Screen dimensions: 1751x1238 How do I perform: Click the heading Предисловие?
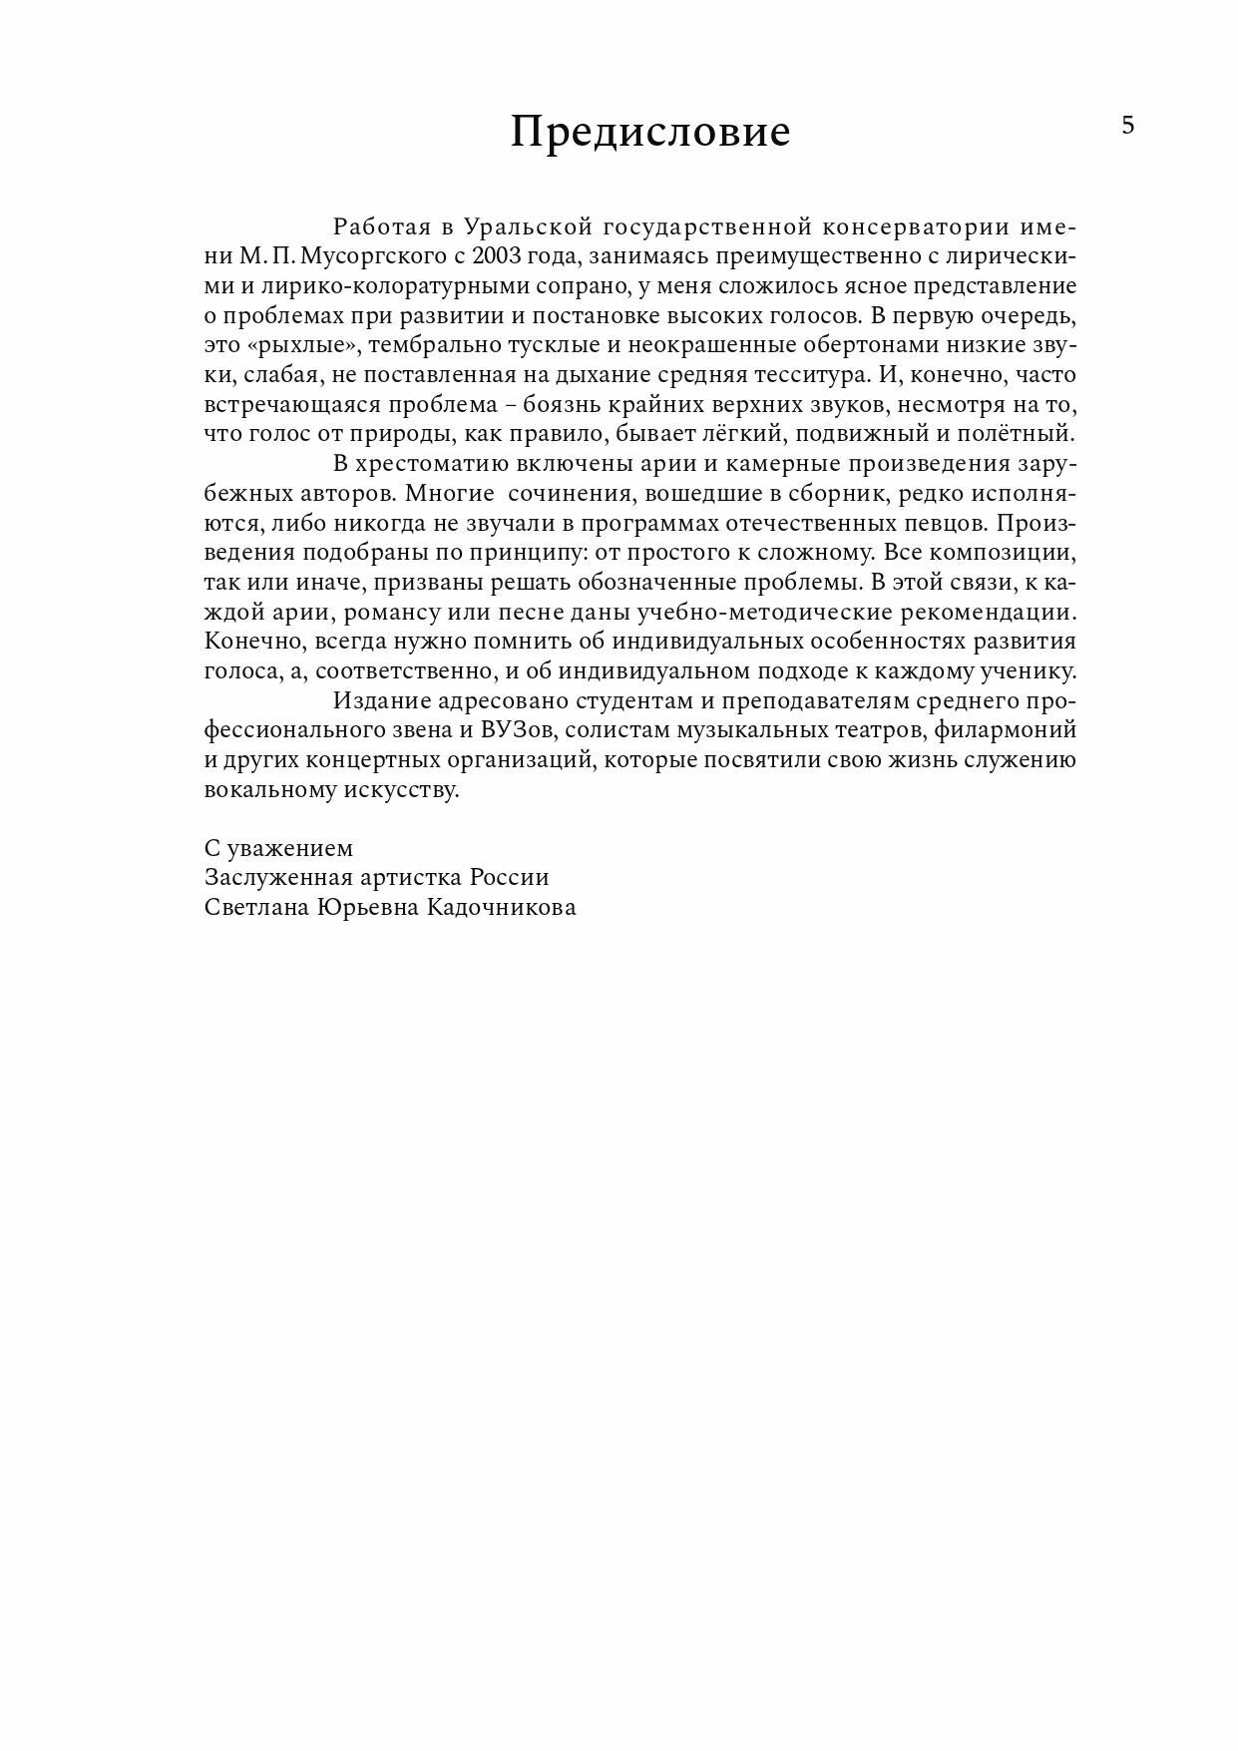pyautogui.click(x=650, y=132)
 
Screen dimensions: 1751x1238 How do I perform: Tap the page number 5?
pyautogui.click(x=1128, y=126)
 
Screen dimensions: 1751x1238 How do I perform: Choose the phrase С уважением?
pyautogui.click(x=278, y=848)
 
